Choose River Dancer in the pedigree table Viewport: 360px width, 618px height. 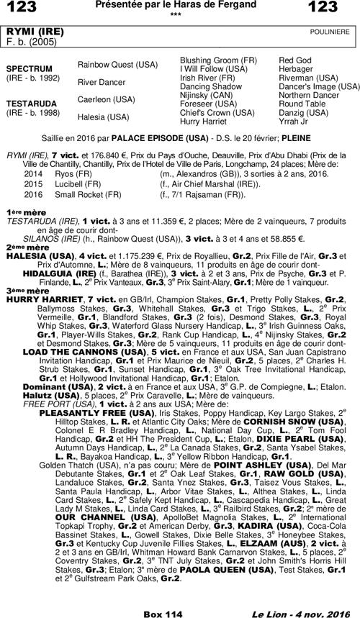(x=101, y=82)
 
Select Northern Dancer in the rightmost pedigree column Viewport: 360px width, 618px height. (x=308, y=95)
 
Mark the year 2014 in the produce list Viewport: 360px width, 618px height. (x=33, y=173)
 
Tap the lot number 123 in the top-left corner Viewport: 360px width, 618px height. (x=18, y=7)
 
